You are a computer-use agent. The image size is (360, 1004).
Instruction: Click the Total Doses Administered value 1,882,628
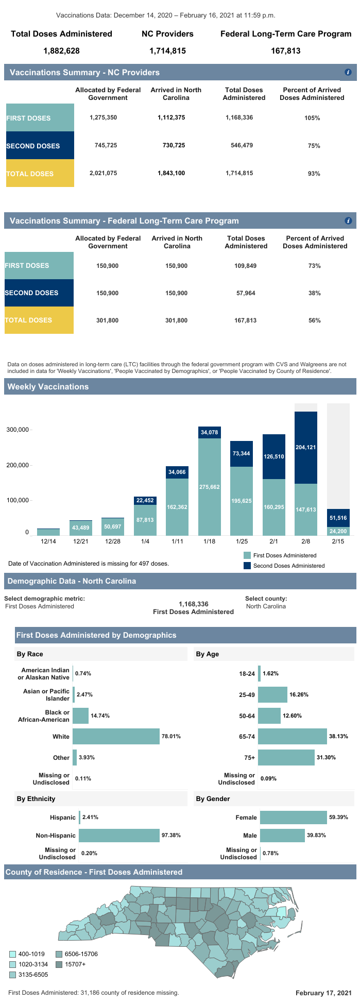click(x=61, y=50)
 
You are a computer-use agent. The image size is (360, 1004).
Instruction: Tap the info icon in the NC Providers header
click(x=348, y=72)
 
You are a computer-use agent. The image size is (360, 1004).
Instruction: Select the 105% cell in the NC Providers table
click(x=312, y=118)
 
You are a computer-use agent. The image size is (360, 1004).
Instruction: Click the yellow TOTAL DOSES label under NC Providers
click(x=40, y=174)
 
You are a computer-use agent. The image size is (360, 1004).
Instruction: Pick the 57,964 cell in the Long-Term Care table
click(x=246, y=293)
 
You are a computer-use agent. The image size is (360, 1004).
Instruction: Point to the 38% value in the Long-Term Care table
click(x=314, y=293)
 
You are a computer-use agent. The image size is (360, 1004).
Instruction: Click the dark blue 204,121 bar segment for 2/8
click(x=306, y=447)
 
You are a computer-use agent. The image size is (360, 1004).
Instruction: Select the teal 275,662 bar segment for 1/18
click(x=210, y=486)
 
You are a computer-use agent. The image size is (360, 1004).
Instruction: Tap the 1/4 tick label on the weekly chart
click(x=145, y=541)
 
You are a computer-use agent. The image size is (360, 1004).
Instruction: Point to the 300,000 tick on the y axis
click(x=17, y=430)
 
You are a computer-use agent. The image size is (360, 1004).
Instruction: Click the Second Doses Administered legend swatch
click(x=247, y=566)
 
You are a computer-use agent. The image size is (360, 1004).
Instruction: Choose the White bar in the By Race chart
click(x=116, y=737)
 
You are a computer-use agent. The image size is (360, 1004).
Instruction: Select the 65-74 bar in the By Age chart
click(x=292, y=737)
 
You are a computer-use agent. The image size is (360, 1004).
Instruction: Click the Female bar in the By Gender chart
click(x=294, y=817)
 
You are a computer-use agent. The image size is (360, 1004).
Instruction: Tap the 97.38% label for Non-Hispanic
click(x=171, y=835)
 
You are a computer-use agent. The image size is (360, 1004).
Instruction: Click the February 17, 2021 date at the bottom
click(x=323, y=993)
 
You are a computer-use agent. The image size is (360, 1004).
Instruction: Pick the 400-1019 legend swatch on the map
click(x=13, y=954)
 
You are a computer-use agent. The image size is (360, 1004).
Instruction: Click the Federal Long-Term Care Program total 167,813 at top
click(x=286, y=50)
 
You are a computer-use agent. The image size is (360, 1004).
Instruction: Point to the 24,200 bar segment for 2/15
click(x=338, y=531)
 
